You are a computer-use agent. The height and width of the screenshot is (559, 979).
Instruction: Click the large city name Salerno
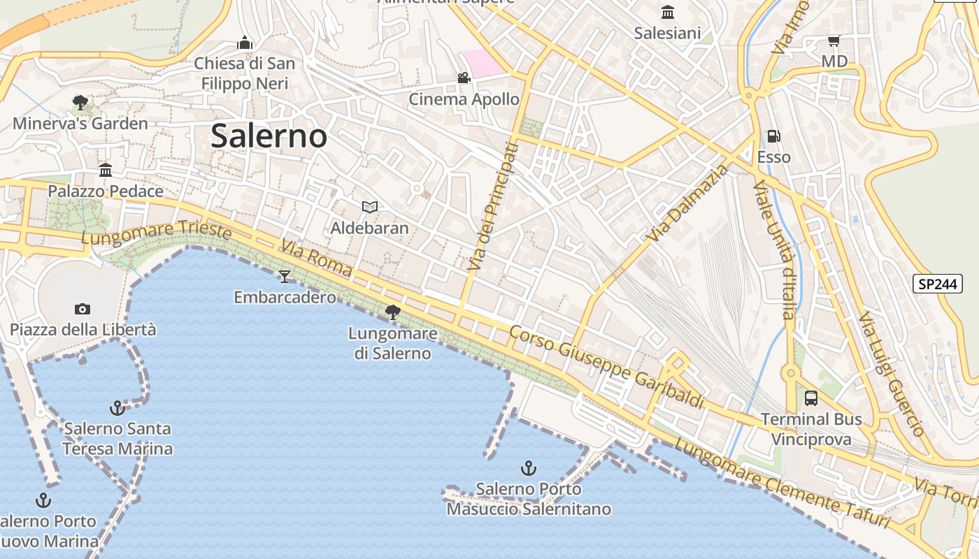(x=269, y=136)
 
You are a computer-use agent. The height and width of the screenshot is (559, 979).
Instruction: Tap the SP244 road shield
(x=937, y=284)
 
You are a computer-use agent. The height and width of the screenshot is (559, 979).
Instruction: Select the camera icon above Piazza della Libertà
(x=83, y=309)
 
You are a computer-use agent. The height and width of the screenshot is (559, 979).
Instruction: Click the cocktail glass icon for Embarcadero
(x=284, y=277)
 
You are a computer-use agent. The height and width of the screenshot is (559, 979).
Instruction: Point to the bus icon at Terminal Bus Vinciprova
(x=811, y=398)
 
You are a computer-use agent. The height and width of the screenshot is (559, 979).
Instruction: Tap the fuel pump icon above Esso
(x=773, y=136)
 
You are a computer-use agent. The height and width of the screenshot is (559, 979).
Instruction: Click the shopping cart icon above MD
(x=834, y=41)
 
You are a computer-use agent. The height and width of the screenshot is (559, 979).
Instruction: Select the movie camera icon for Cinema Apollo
(x=464, y=78)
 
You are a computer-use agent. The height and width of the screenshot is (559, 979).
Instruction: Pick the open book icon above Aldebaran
(x=370, y=207)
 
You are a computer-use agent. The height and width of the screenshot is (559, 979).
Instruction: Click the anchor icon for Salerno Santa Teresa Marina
(x=117, y=407)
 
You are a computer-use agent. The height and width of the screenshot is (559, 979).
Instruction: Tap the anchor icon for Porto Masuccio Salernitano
(x=529, y=468)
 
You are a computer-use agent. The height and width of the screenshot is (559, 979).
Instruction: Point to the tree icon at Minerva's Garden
(x=80, y=103)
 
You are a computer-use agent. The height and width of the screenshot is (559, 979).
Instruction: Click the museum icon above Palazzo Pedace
(x=106, y=170)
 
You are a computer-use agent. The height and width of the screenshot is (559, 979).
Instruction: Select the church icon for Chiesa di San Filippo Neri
(x=244, y=43)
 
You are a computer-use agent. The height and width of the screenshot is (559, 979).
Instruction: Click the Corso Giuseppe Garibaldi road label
(x=606, y=367)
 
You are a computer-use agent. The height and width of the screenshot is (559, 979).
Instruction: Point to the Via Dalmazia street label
(x=687, y=203)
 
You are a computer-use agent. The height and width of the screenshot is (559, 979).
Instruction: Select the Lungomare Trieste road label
(x=156, y=233)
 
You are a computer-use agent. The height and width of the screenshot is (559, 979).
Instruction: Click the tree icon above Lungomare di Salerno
(x=393, y=312)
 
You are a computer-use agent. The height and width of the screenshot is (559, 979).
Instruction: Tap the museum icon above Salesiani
(x=668, y=13)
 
